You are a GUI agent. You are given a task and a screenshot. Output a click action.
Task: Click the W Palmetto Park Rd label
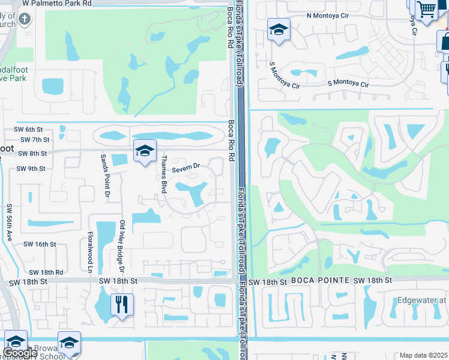(57, 3)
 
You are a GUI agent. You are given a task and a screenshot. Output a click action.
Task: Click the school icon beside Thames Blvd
(145, 152)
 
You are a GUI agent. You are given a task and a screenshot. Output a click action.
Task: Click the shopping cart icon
(426, 9)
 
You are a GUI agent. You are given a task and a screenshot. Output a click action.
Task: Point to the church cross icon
(24, 19)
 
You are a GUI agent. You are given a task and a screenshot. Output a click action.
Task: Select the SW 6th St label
(32, 129)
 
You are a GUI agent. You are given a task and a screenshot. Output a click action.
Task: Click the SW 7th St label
(34, 139)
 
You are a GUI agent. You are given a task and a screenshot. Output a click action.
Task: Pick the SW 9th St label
(31, 169)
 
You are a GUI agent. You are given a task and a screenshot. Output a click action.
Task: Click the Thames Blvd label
(163, 174)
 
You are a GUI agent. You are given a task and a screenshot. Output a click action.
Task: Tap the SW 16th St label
(40, 244)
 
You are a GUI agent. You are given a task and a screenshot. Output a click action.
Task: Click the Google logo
(20, 353)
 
